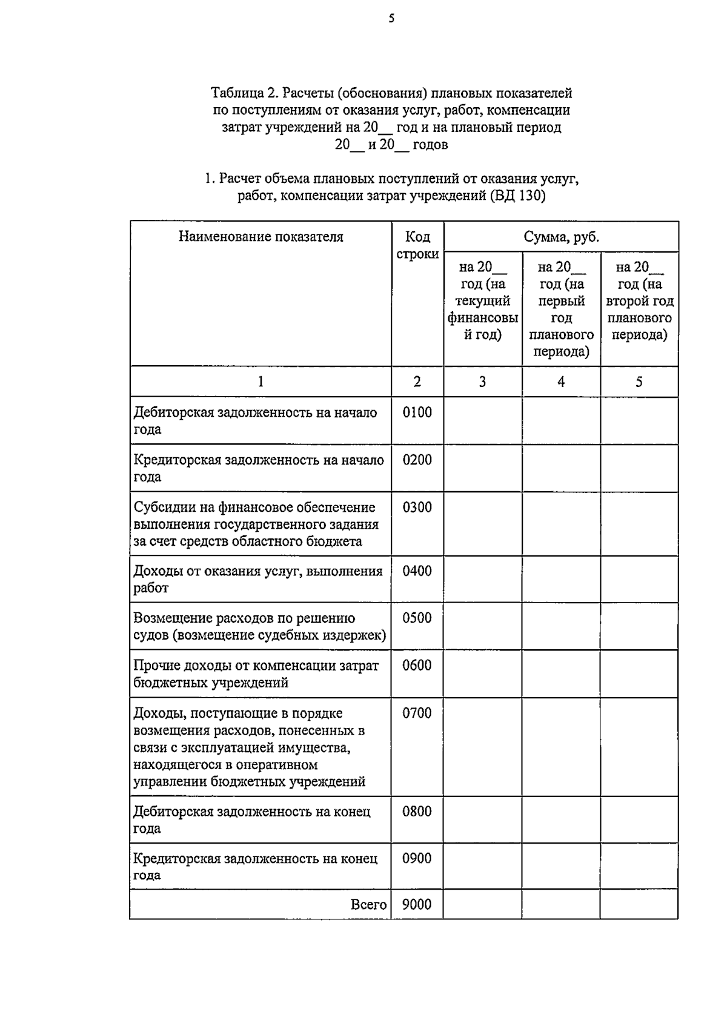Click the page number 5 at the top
click(x=391, y=19)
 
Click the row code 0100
click(x=417, y=412)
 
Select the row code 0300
click(x=417, y=508)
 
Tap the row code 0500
click(x=417, y=618)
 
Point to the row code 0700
click(x=417, y=713)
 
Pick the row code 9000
click(x=417, y=904)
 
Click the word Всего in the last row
click(x=368, y=904)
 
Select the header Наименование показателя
click(x=261, y=237)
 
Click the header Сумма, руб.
click(x=561, y=237)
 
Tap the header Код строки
click(x=417, y=245)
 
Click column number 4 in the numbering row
click(x=561, y=382)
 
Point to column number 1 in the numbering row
click(x=261, y=382)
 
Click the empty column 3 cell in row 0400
click(x=482, y=579)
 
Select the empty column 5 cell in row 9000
click(x=639, y=904)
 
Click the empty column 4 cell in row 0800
click(x=561, y=819)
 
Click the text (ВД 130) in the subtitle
click(x=517, y=196)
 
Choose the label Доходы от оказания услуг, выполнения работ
click(x=258, y=579)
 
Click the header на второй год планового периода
click(x=639, y=301)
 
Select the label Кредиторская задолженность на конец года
click(x=255, y=866)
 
